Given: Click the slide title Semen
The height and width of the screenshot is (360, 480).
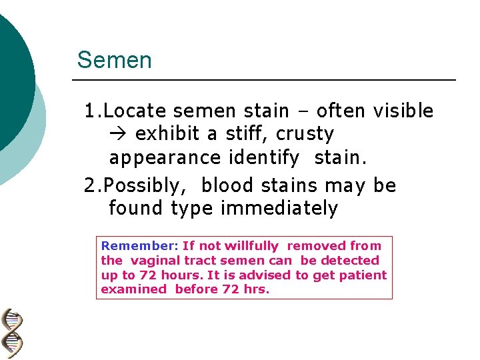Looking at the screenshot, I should click(x=114, y=61).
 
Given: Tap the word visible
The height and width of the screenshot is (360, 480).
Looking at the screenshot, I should click(x=403, y=111).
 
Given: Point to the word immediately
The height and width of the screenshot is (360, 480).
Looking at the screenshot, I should click(x=279, y=209).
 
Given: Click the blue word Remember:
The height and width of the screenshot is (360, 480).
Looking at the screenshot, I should click(x=139, y=246).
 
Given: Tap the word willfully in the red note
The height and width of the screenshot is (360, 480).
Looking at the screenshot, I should click(x=253, y=246).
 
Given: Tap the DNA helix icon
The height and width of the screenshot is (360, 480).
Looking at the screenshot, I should click(x=12, y=334).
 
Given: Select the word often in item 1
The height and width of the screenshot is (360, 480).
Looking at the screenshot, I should click(x=343, y=111).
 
